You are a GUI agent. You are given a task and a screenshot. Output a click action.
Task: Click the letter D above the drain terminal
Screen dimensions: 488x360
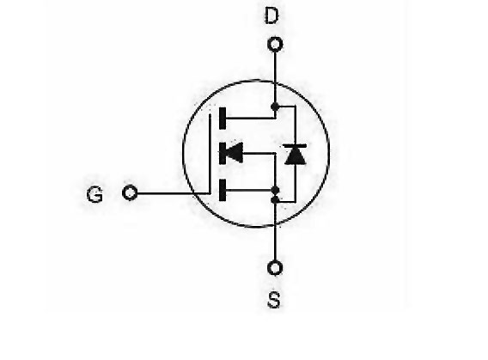[x=271, y=16]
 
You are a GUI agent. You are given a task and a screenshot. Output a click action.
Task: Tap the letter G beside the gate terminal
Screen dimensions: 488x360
[x=95, y=194]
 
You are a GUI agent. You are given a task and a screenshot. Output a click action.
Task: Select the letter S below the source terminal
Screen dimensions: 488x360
[x=274, y=300]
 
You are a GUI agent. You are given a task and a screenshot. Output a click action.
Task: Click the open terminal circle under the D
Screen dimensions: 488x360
[x=275, y=45]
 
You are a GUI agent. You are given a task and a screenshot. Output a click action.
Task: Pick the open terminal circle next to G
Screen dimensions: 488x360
[x=130, y=192]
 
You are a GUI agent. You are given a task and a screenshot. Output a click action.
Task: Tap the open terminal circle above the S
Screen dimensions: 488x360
[x=275, y=268]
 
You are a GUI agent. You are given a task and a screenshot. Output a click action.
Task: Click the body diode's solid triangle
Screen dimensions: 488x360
[x=295, y=156]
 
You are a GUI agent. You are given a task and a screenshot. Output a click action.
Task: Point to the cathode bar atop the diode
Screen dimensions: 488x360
[x=295, y=145]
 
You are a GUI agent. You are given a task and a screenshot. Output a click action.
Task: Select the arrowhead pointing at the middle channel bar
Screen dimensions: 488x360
[x=234, y=153]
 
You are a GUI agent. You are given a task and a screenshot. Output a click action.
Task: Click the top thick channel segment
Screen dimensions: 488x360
[x=223, y=119]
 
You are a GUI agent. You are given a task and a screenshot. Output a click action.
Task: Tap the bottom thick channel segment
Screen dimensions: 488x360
[x=223, y=190]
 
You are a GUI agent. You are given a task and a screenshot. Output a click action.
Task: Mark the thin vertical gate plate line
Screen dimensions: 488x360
[x=210, y=154]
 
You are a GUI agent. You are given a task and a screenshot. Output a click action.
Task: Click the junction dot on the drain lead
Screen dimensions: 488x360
[x=275, y=107]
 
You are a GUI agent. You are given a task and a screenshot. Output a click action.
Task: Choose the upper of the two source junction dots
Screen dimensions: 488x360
[x=275, y=190]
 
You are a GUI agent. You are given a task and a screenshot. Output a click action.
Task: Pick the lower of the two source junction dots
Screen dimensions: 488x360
[x=275, y=199]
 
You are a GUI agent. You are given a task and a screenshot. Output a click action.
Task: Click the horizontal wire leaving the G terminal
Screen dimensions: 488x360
[x=174, y=193]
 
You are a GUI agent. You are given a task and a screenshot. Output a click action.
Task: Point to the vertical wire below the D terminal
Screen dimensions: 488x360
[x=275, y=78]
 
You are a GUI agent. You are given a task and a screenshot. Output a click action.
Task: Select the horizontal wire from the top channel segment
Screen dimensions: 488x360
[x=251, y=119]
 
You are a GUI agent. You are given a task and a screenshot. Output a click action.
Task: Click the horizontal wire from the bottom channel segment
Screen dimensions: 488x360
[x=249, y=190]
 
